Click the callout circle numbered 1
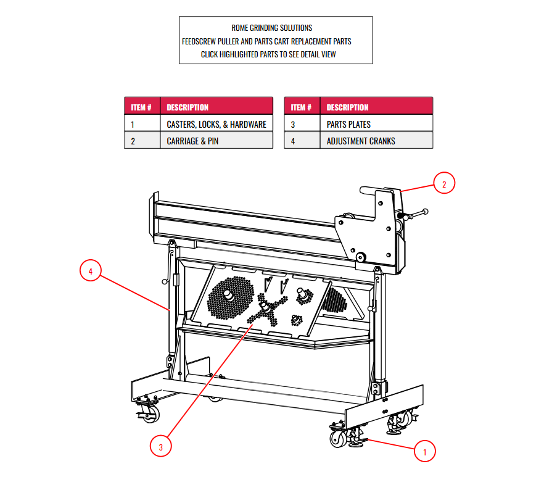(x=424, y=451)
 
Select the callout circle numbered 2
(x=444, y=183)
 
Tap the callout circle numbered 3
(x=161, y=447)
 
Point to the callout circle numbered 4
(x=91, y=271)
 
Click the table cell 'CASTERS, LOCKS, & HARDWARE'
(x=216, y=124)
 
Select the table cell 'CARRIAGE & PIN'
(x=216, y=141)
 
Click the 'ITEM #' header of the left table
(x=142, y=107)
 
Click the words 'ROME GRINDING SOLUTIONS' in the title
(x=272, y=28)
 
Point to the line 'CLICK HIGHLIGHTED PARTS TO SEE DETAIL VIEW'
(x=268, y=54)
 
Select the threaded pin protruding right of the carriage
(x=417, y=214)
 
